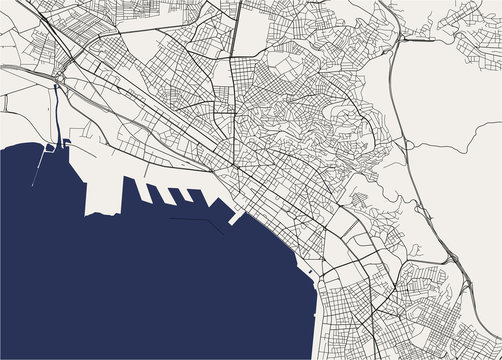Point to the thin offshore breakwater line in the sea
click(196, 219)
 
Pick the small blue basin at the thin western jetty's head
click(48, 147)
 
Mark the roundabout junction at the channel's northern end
click(61, 80)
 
